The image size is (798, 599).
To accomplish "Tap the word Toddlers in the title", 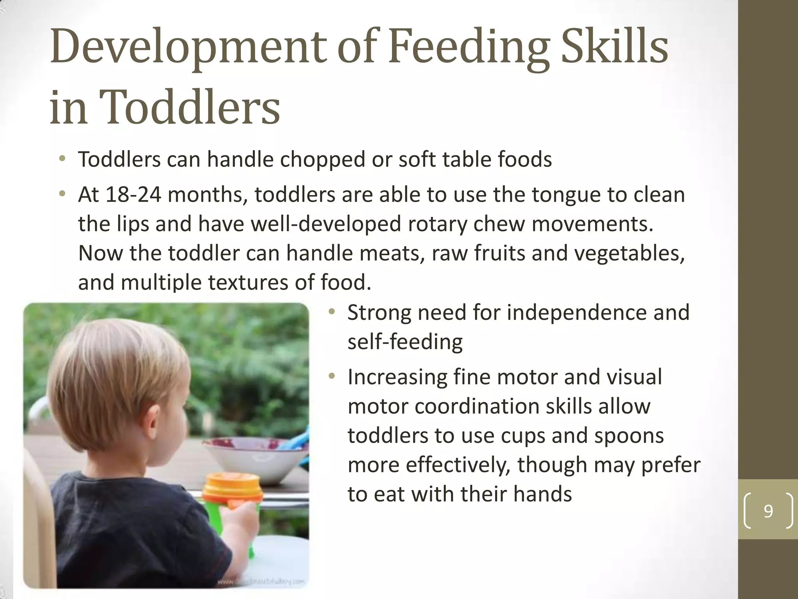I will click(191, 107).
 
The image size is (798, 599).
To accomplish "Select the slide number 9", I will click(768, 511).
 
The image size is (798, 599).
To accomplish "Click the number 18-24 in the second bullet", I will click(133, 194).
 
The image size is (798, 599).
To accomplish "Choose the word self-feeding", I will click(405, 342).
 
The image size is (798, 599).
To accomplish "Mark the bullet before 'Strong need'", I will click(332, 312).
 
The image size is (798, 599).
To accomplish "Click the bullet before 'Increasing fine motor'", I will click(332, 377).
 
